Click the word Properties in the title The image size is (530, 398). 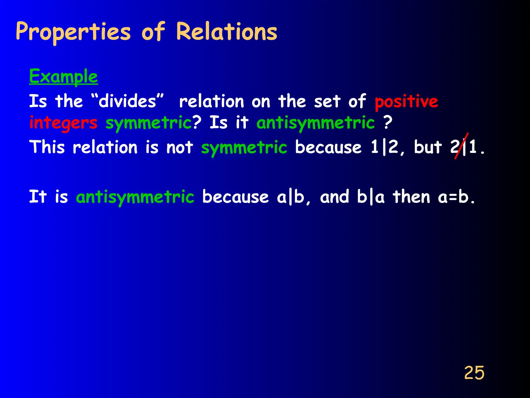(73, 32)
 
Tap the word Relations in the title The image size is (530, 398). (226, 32)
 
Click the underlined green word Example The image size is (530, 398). (63, 77)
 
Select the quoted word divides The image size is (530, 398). (127, 101)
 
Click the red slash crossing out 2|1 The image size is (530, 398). (461, 146)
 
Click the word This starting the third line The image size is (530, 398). (47, 147)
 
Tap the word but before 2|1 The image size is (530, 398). (428, 147)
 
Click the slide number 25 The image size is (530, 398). (474, 373)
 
